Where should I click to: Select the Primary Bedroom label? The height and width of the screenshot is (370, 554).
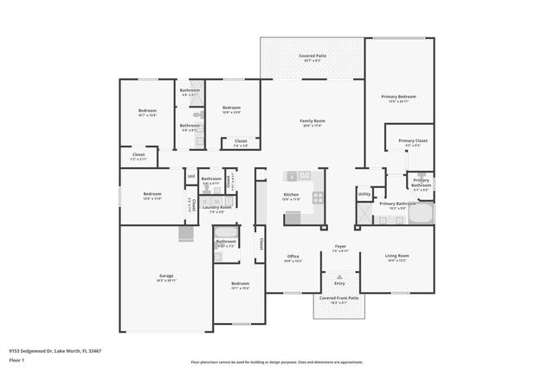(x=398, y=97)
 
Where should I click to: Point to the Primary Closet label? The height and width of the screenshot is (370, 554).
(x=413, y=140)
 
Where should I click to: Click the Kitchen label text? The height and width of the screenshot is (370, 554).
(x=292, y=195)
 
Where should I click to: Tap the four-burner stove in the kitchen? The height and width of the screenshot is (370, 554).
(x=318, y=198)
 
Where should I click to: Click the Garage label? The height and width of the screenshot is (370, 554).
(x=165, y=276)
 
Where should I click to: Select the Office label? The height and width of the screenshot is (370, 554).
(x=293, y=256)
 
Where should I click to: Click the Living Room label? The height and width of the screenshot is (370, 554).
(x=397, y=256)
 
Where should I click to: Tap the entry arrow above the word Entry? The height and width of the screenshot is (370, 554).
(x=339, y=276)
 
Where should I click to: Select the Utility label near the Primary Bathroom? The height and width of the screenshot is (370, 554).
(x=364, y=194)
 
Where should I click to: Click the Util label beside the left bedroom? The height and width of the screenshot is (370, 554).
(x=190, y=177)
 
